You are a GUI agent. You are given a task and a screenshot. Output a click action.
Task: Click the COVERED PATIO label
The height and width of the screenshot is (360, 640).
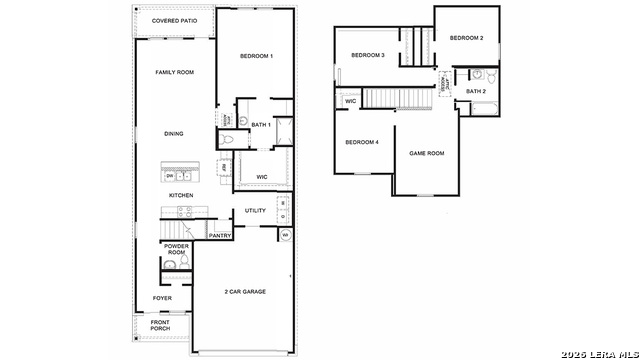pos(174,21)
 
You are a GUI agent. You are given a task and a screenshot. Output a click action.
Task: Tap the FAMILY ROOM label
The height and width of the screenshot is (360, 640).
pos(174,72)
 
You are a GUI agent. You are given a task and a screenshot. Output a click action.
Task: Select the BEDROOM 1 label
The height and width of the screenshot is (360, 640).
pos(256,56)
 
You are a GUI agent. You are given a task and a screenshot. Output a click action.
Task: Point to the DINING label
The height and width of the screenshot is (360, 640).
pos(174,133)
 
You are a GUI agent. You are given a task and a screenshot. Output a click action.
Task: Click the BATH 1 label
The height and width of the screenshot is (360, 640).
pos(260,125)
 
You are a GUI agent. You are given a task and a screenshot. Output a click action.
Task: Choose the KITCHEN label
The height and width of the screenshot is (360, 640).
pos(181,195)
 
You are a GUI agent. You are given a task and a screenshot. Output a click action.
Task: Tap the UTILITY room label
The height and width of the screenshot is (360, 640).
pos(255,211)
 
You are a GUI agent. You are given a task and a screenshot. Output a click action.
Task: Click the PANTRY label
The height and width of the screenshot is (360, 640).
pos(220,236)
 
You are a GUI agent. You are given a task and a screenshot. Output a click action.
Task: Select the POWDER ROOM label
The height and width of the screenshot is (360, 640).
pos(177,249)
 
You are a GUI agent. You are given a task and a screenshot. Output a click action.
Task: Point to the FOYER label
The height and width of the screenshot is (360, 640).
pos(161,298)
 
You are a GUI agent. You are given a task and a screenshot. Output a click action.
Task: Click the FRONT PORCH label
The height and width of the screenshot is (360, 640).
pos(160,325)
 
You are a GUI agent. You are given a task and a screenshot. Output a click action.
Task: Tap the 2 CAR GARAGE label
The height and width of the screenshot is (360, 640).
pos(244,291)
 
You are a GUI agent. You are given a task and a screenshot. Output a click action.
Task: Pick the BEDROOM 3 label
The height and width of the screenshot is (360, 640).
pos(368,54)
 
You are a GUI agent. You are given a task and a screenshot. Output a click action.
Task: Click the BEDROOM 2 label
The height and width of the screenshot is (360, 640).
pos(466,38)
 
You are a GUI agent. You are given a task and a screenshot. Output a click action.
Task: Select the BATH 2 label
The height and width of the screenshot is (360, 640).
pos(476,92)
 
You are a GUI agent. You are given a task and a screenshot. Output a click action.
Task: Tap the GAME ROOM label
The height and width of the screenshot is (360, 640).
pos(427,153)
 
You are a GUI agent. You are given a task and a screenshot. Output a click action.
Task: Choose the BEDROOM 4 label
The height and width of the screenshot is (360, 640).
pos(362,142)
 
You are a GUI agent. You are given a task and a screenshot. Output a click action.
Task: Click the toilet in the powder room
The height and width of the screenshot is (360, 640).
pos(170,266)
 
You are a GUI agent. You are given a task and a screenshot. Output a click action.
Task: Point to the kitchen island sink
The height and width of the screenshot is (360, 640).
pos(183,175)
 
